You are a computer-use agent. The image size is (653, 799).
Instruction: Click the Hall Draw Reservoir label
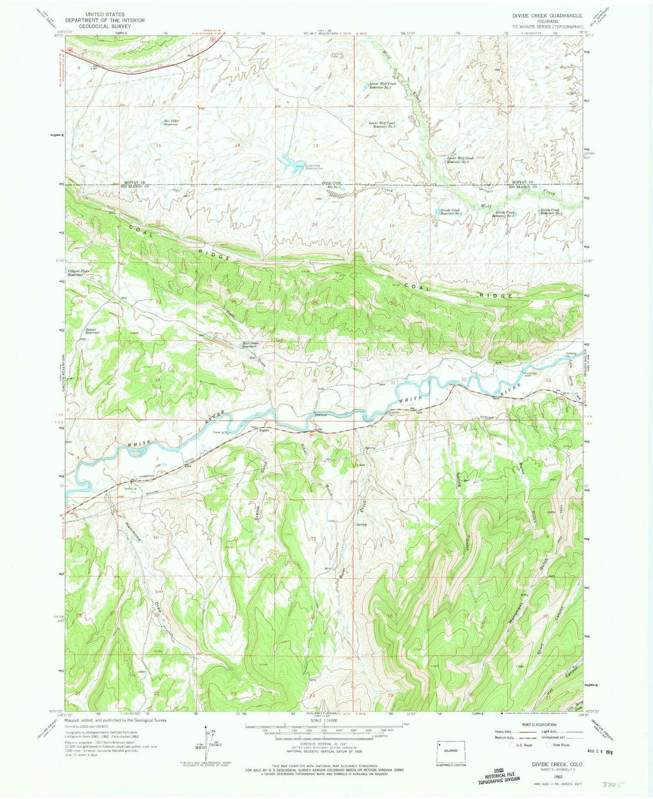[250, 344]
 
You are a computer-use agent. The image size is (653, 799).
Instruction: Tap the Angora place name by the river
[264, 430]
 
